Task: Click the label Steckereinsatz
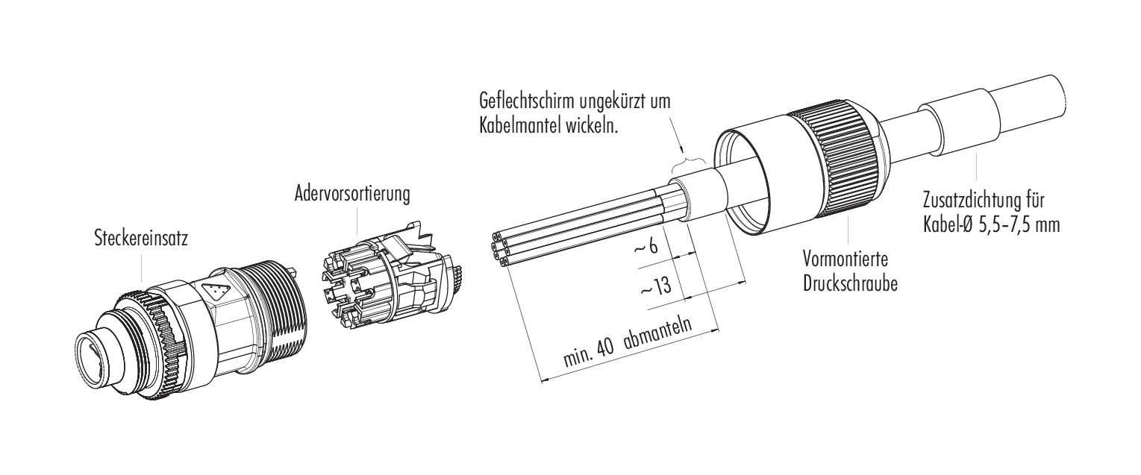[x=141, y=239]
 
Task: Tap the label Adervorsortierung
[x=352, y=194]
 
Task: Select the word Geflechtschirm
[x=527, y=101]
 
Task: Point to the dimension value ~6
[x=646, y=247]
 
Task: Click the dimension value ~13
[x=655, y=288]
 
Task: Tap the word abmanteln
[x=657, y=336]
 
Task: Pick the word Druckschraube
[x=850, y=283]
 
